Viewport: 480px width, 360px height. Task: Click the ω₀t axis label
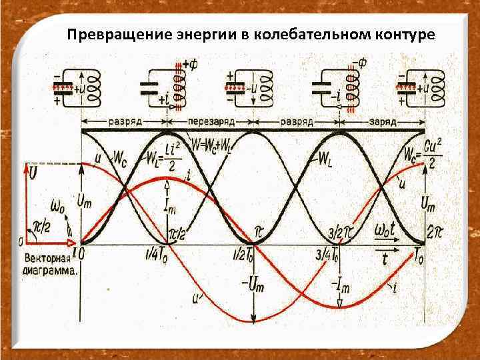(385, 230)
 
